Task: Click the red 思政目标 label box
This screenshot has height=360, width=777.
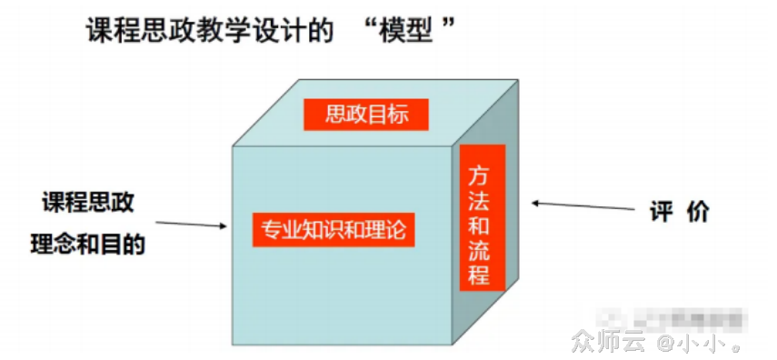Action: (x=366, y=114)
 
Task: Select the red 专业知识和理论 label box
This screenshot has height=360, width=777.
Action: (x=334, y=229)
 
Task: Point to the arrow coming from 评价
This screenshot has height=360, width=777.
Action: (x=582, y=206)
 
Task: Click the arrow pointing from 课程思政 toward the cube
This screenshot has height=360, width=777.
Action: (x=190, y=223)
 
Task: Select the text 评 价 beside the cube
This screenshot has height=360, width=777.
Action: (x=679, y=211)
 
